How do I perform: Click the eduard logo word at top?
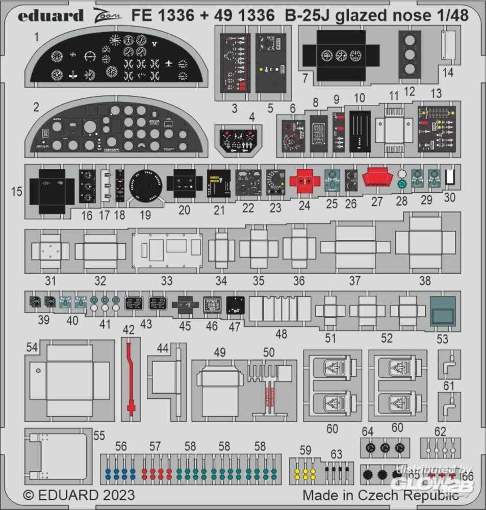(x=50, y=15)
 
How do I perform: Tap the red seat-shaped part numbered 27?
(x=376, y=180)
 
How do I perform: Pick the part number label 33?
(x=167, y=280)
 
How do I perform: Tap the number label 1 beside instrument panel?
(x=37, y=37)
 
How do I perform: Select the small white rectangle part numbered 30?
(x=449, y=176)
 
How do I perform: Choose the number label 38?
(x=424, y=280)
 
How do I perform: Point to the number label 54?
(x=32, y=347)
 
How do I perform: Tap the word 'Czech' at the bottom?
(x=384, y=495)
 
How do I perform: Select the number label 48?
(x=281, y=334)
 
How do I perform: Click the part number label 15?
(x=16, y=192)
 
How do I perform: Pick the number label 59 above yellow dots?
(x=305, y=450)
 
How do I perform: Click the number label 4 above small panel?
(x=251, y=117)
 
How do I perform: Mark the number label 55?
(x=99, y=436)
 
